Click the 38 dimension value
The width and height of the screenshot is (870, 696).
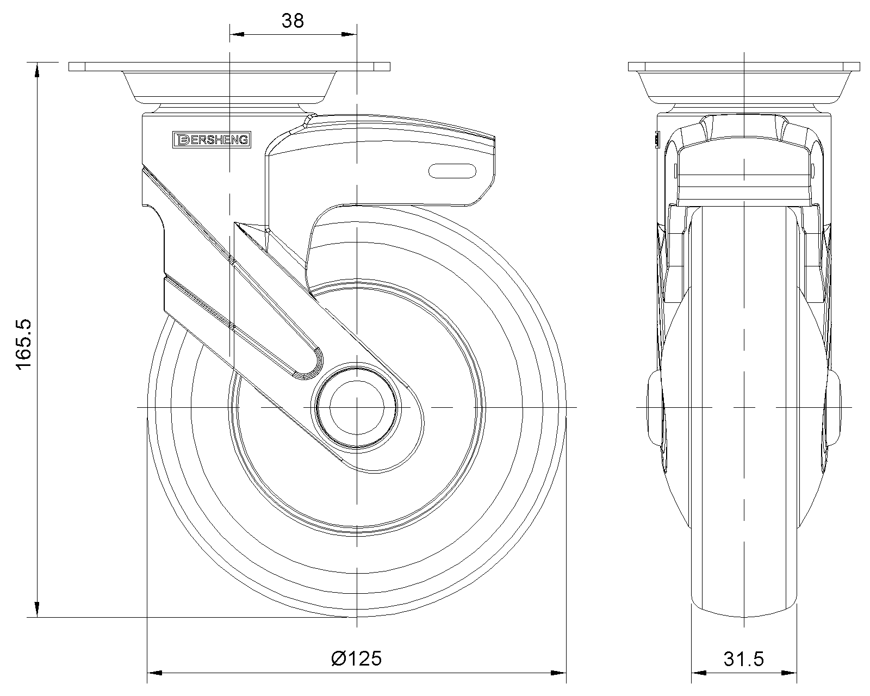pyautogui.click(x=293, y=21)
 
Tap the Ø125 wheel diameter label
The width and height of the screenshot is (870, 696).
pyautogui.click(x=356, y=658)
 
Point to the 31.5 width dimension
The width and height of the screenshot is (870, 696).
pyautogui.click(x=743, y=659)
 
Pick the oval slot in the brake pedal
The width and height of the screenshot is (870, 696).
pyautogui.click(x=452, y=171)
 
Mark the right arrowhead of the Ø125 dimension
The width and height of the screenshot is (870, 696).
pyautogui.click(x=559, y=674)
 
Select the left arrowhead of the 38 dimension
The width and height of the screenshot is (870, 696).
pyautogui.click(x=238, y=35)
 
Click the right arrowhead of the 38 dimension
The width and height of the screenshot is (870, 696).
pyautogui.click(x=349, y=35)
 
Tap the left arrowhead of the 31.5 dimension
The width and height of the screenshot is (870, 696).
pyautogui.click(x=698, y=674)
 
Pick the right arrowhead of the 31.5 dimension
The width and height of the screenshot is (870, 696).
pyautogui.click(x=790, y=674)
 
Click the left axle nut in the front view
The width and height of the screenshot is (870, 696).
pyautogui.click(x=655, y=407)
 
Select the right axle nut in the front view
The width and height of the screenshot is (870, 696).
pyautogui.click(x=833, y=407)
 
